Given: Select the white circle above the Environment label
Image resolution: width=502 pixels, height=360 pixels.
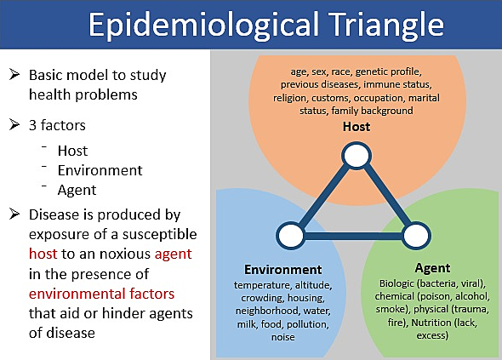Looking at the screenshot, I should pyautogui.click(x=290, y=234).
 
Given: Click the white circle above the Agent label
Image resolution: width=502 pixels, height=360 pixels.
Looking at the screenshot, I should pyautogui.click(x=413, y=234).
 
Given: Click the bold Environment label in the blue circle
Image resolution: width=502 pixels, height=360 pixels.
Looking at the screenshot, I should pyautogui.click(x=282, y=268).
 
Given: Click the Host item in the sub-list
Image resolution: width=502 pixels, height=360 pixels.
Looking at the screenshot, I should pyautogui.click(x=72, y=151).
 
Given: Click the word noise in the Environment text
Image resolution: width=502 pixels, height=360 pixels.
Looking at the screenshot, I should pyautogui.click(x=282, y=337).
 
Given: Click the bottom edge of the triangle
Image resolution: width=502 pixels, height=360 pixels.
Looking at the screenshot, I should pyautogui.click(x=351, y=234).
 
